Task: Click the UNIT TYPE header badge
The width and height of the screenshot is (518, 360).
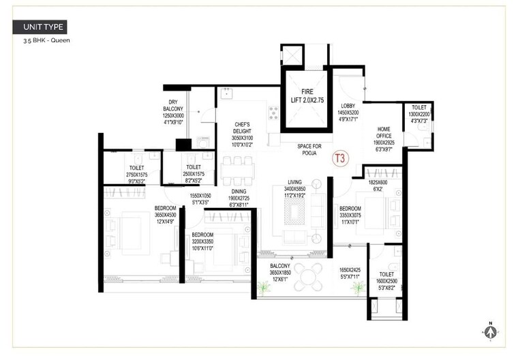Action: tap(41, 27)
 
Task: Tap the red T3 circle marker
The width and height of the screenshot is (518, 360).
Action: tap(339, 159)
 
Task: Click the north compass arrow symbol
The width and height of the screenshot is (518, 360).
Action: tap(489, 332)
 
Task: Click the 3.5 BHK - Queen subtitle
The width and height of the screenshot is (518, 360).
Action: tap(46, 41)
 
